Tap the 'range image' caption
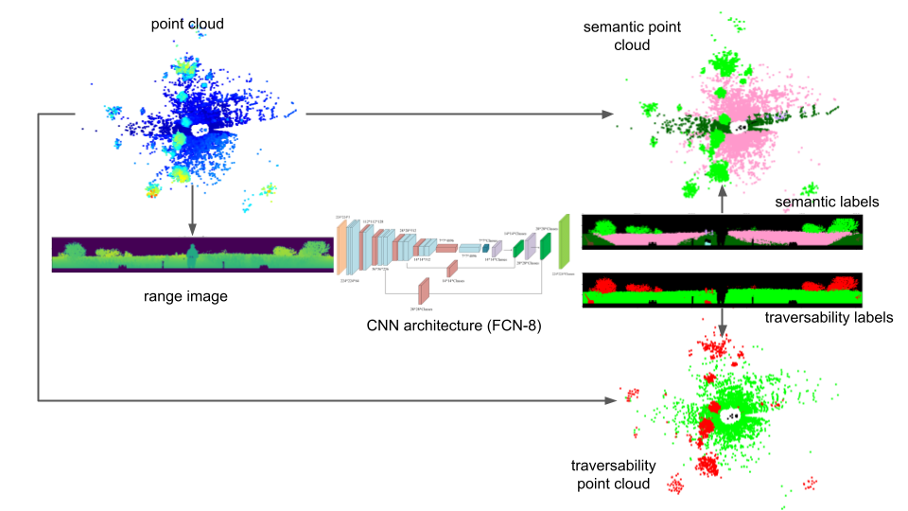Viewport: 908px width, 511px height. tap(186, 297)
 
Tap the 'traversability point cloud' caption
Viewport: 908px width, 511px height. tap(615, 475)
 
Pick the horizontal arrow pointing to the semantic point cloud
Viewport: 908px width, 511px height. tap(454, 115)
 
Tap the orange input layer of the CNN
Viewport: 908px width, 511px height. tap(340, 248)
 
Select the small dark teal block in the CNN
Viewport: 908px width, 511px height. tap(487, 250)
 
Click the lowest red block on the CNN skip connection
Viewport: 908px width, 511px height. tap(424, 291)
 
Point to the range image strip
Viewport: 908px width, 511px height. tap(192, 254)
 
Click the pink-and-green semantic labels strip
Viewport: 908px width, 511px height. tap(723, 233)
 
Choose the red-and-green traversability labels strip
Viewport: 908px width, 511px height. tap(723, 289)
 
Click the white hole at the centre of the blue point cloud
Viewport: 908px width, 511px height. tap(201, 133)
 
